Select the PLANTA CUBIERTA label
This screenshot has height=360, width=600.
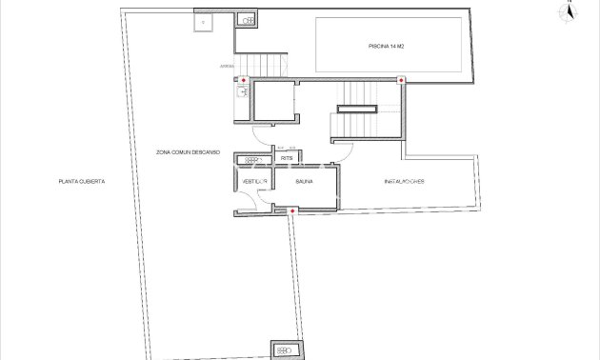click(80, 181)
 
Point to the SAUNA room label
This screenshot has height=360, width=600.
click(305, 180)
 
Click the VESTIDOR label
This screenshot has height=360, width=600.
click(253, 180)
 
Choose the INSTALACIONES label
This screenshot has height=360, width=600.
click(404, 181)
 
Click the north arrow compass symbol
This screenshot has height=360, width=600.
click(569, 12)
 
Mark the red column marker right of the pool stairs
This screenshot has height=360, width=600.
click(401, 80)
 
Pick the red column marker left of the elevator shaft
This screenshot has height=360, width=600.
click(244, 80)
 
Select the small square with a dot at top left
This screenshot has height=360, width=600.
click(202, 20)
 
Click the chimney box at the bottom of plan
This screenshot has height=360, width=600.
click(284, 350)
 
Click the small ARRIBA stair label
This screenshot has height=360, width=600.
click(226, 67)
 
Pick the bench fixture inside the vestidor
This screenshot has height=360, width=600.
click(251, 160)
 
